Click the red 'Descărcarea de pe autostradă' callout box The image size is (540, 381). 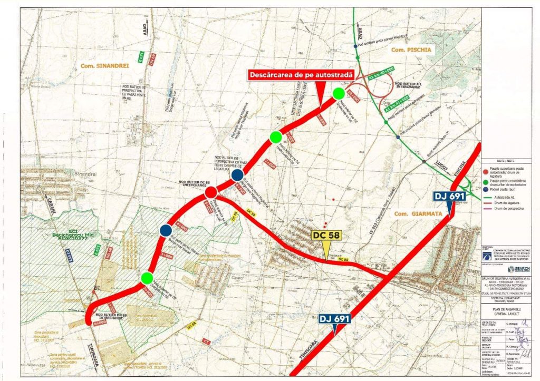coord(300,76)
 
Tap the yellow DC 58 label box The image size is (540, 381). coord(326,235)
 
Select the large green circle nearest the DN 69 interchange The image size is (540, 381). coord(147,278)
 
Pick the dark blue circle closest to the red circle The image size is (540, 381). coord(237,174)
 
